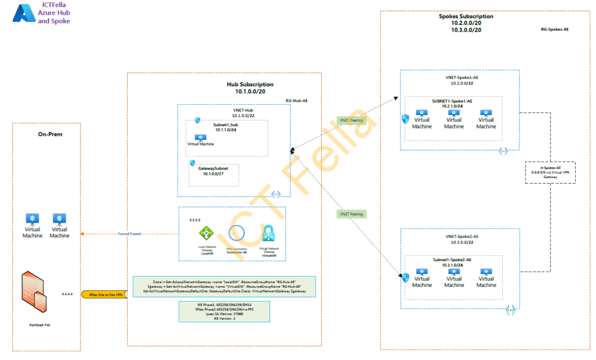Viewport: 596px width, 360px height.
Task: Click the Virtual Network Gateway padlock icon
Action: (268, 233)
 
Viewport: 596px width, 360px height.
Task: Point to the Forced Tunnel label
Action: (129, 234)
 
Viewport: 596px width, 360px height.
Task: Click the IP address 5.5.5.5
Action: (194, 220)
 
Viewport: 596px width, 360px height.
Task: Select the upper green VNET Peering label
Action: (352, 120)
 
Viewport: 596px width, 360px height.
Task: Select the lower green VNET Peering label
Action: (352, 214)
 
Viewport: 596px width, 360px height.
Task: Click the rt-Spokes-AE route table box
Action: (550, 173)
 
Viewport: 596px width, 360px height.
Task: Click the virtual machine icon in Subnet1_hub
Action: (200, 138)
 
